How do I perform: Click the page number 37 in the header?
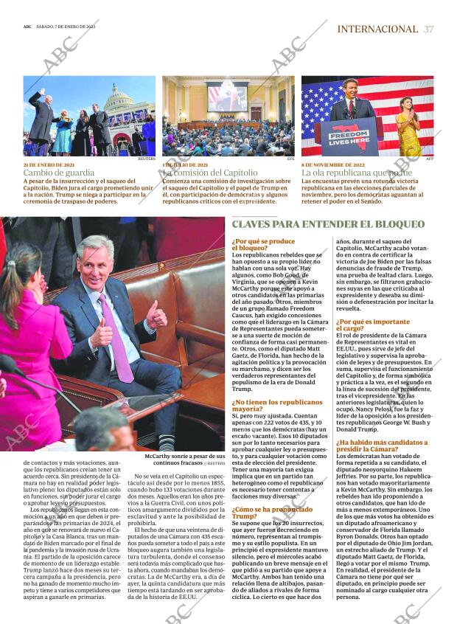point(429,30)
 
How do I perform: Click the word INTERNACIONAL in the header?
point(377,30)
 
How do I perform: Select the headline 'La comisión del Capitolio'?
point(210,173)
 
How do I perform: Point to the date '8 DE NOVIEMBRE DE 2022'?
point(330,164)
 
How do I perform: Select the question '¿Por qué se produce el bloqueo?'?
point(263,245)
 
